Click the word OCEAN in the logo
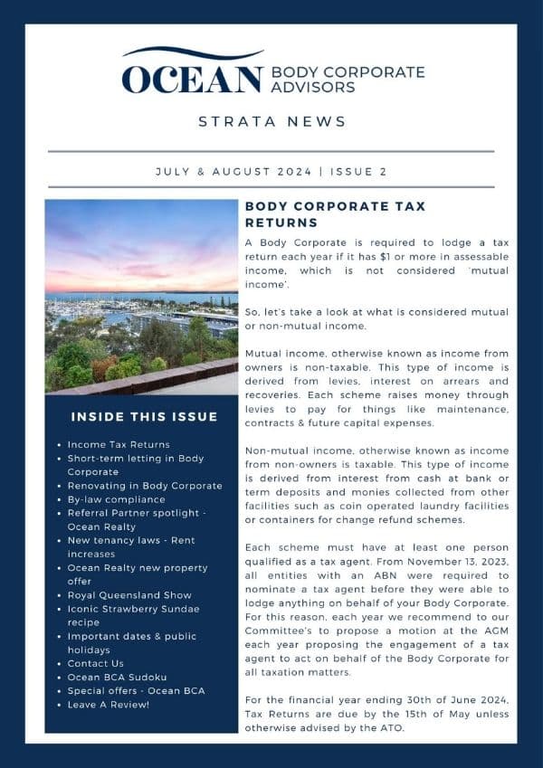click(x=192, y=80)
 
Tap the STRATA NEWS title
click(x=271, y=122)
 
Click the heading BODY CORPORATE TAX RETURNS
click(x=335, y=214)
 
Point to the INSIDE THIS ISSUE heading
click(x=144, y=417)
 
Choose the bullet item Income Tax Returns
click(x=119, y=444)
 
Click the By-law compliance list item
click(x=116, y=498)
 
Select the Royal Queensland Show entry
click(x=129, y=595)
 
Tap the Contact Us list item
click(x=95, y=663)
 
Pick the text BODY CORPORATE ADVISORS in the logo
click(x=348, y=80)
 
